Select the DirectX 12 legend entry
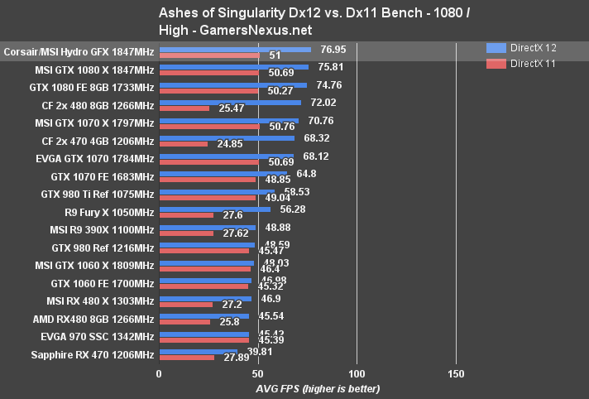(522, 48)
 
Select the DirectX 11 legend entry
(522, 63)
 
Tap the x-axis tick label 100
(357, 373)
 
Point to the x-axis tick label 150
(456, 373)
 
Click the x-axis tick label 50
(257, 373)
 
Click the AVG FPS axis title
(305, 388)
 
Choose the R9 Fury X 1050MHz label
(103, 212)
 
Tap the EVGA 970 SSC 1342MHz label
(98, 337)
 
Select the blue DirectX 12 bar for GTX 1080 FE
(232, 84)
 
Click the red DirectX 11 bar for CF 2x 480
(184, 108)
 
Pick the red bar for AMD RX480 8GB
(184, 321)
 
